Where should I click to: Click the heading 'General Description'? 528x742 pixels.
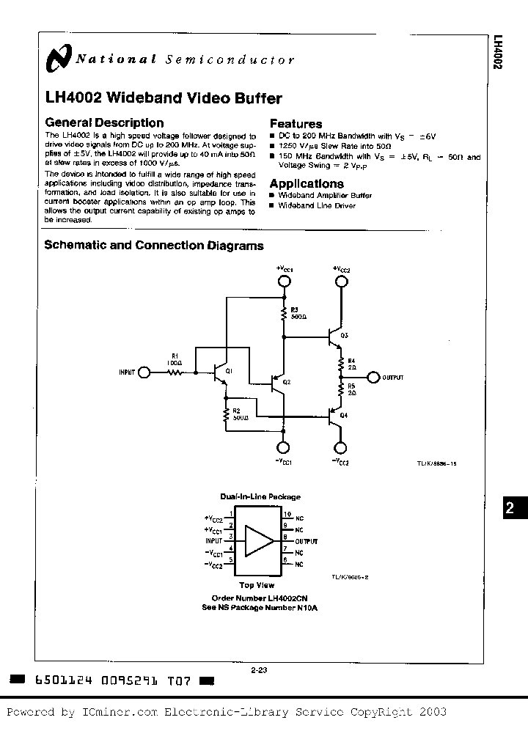(x=104, y=123)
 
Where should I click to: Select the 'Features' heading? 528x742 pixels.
(x=296, y=124)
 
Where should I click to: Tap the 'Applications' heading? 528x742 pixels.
(x=307, y=183)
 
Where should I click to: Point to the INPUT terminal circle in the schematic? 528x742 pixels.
(x=144, y=372)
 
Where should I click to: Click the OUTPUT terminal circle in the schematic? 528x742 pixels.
(x=373, y=378)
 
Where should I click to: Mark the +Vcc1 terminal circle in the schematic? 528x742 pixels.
(x=284, y=281)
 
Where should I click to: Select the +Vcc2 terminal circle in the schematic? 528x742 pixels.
(x=341, y=281)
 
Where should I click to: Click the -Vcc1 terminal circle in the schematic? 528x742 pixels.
(x=284, y=449)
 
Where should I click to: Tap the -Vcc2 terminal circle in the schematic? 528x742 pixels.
(x=341, y=449)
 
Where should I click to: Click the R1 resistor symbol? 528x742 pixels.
(x=175, y=372)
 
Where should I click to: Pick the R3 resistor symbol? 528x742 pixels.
(x=284, y=315)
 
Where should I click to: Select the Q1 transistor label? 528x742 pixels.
(x=230, y=372)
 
